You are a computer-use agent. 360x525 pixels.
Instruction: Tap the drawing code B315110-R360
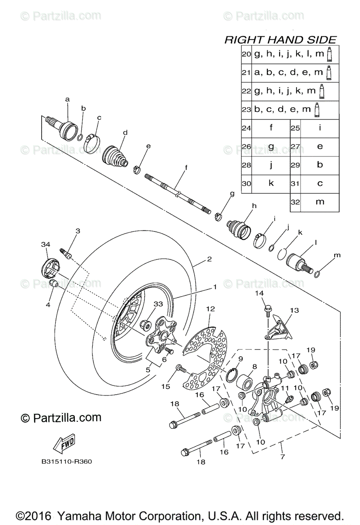[67, 461]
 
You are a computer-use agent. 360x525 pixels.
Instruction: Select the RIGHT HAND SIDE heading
[280, 40]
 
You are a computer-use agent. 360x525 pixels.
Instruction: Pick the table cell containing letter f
[271, 128]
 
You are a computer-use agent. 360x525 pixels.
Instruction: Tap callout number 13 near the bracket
[294, 310]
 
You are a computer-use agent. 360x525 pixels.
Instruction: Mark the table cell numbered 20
[246, 54]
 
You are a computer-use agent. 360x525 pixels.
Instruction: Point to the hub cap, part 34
[49, 267]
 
